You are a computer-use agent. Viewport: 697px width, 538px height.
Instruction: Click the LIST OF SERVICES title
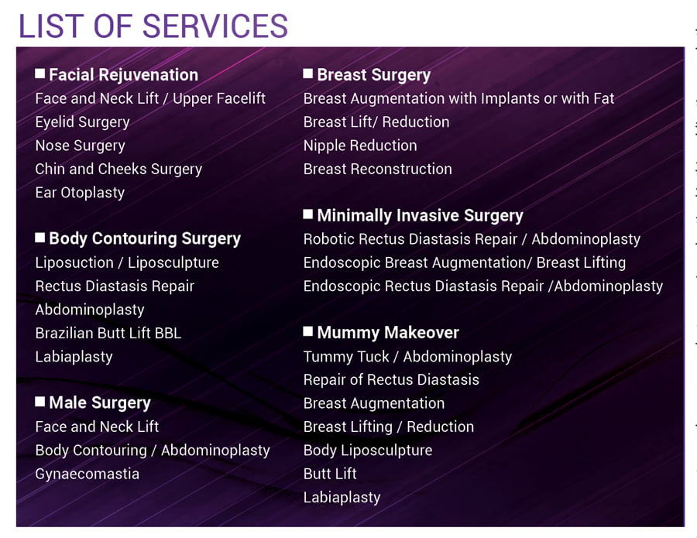(153, 26)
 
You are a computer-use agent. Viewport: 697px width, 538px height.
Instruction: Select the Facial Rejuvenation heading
(124, 75)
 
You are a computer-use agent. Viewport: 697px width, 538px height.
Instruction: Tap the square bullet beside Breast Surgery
(307, 74)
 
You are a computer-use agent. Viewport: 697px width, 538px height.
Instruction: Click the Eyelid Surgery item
(82, 122)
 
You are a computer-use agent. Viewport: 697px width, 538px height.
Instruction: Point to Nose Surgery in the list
(80, 146)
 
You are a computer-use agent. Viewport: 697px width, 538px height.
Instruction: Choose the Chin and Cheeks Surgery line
(118, 170)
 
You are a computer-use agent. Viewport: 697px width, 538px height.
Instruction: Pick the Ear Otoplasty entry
(80, 193)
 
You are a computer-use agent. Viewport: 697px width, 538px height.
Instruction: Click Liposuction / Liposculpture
(127, 262)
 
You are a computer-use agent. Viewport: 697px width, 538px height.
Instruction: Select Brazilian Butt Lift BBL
(108, 333)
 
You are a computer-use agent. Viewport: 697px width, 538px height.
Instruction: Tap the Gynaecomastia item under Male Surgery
(87, 474)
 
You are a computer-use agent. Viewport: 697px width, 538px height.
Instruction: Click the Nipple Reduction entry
(360, 146)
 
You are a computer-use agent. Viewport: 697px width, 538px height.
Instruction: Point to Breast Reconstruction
(377, 170)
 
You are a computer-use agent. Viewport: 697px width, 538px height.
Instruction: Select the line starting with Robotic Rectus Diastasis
(472, 239)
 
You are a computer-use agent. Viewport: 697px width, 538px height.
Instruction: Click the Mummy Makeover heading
(388, 333)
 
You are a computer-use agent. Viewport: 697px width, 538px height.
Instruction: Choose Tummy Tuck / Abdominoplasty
(407, 357)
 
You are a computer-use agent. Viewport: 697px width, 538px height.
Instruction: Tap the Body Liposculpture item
(368, 451)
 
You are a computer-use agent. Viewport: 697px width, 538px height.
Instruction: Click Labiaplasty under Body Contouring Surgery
(74, 357)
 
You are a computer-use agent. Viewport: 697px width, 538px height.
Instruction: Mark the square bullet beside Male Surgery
(40, 402)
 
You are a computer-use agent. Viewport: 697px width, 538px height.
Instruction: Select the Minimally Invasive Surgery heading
(420, 215)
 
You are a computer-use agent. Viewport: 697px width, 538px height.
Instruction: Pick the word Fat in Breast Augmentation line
(604, 98)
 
